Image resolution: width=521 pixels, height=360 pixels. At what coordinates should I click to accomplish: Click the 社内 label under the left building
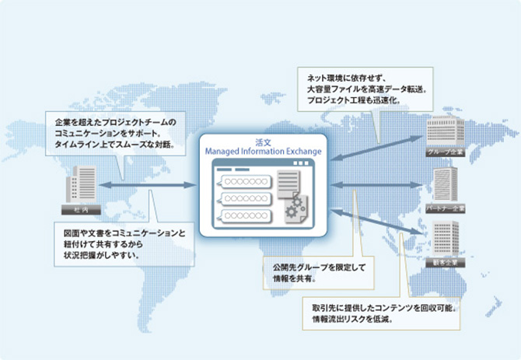coord(80,211)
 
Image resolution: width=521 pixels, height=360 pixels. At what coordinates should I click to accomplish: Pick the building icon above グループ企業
coord(444,129)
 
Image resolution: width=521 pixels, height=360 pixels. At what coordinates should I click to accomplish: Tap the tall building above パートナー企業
coord(444,183)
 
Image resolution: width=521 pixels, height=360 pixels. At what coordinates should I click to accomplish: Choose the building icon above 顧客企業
coord(444,239)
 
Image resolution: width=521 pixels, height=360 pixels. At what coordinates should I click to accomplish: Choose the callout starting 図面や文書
coord(125,243)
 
